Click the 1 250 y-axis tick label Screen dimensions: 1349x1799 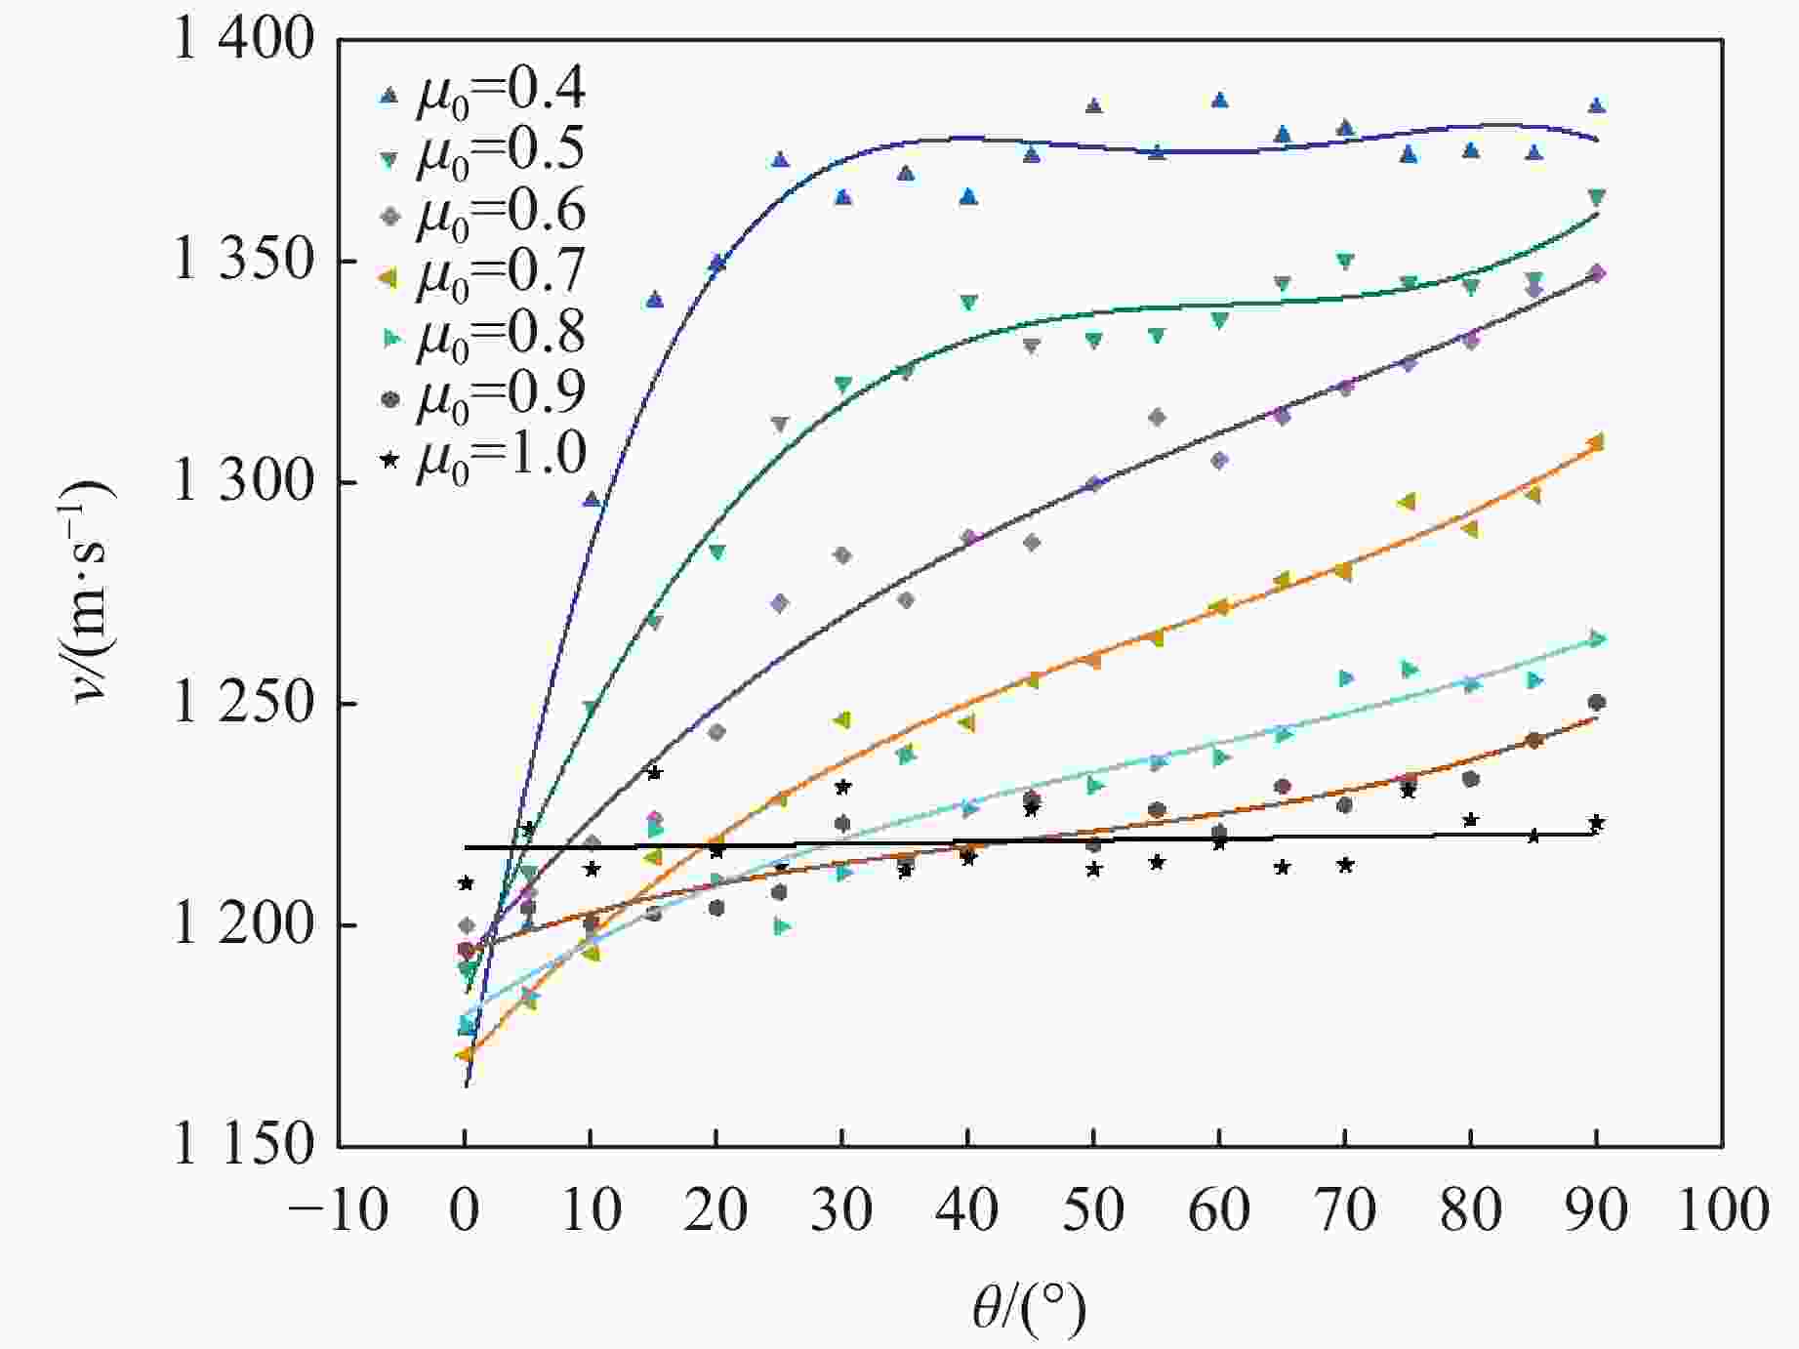(244, 704)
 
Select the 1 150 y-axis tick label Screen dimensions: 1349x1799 (244, 1145)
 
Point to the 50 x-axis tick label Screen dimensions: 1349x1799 (1093, 1211)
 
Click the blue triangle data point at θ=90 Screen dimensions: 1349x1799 (1596, 105)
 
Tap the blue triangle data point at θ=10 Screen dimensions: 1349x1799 (591, 500)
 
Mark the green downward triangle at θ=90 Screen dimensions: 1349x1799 (1596, 197)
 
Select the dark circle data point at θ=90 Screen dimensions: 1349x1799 (1596, 703)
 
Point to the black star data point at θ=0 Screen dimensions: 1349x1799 (466, 883)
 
